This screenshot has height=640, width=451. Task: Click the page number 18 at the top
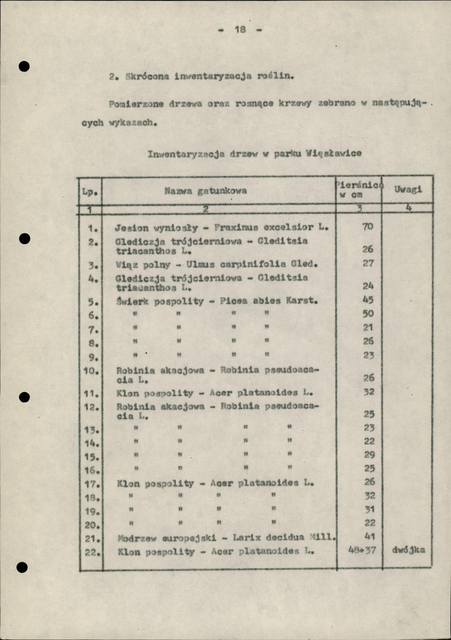point(240,30)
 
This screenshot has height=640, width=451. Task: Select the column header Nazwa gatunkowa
point(205,190)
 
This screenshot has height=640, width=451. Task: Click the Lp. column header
point(88,191)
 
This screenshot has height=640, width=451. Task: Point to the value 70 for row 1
point(367,227)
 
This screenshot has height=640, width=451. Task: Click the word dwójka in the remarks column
point(408,550)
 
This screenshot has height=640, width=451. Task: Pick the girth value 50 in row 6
point(368,314)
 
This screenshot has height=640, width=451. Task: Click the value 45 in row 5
point(368,300)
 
